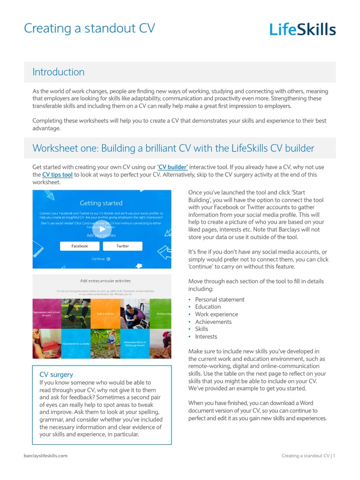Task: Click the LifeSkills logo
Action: (302, 30)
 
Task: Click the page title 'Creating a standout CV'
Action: (89, 29)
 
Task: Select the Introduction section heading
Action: (58, 72)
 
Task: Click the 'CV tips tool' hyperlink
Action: (57, 175)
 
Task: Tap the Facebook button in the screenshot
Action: (79, 246)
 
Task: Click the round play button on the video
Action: (102, 229)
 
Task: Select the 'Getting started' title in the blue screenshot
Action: (101, 203)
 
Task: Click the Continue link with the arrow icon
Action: (101, 259)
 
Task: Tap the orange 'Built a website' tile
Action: (105, 314)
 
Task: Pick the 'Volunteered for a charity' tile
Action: (76, 344)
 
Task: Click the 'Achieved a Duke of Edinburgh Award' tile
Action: (135, 344)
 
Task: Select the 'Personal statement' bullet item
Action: (219, 300)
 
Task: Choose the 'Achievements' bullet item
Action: (213, 322)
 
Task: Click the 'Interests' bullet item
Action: (206, 337)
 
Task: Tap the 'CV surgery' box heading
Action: (56, 375)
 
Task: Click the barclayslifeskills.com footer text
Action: (45, 456)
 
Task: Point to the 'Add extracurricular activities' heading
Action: (105, 281)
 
